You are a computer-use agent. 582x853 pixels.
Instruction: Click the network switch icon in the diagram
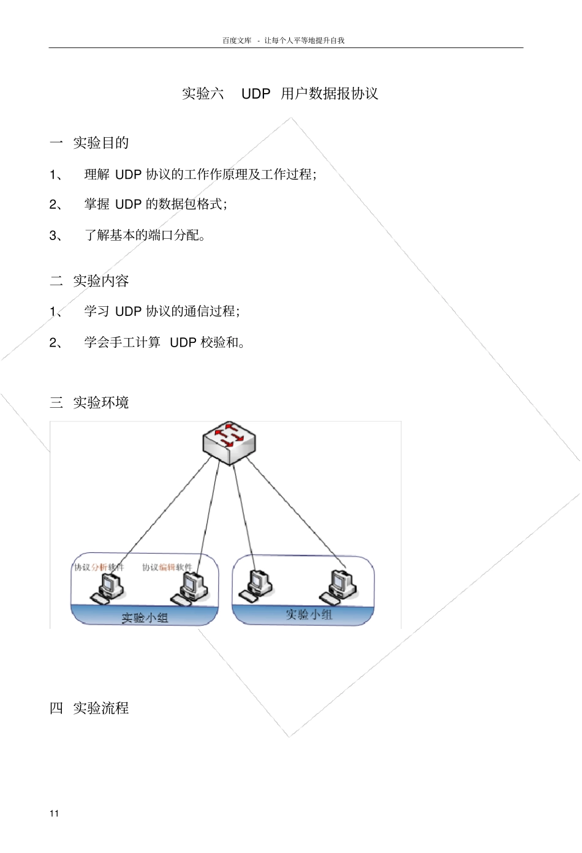tap(229, 442)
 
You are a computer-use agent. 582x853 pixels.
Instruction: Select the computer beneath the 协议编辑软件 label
tap(192, 588)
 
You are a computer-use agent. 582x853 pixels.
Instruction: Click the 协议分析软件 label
tap(99, 568)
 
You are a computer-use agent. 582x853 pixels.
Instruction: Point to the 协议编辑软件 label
tap(167, 568)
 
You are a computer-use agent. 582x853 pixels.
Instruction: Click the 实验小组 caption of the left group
tap(145, 618)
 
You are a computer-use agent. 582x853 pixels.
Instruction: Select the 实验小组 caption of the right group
tap(309, 615)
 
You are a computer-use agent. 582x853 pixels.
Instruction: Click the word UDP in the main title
tap(255, 94)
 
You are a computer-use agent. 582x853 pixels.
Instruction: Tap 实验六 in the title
tap(203, 94)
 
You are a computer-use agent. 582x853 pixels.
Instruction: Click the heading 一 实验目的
tap(89, 143)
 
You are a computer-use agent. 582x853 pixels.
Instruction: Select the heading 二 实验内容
tap(89, 281)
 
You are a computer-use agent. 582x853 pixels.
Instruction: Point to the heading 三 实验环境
tap(89, 403)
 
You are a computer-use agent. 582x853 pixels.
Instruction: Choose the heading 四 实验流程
tap(89, 708)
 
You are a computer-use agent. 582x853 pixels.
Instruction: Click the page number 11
tap(55, 813)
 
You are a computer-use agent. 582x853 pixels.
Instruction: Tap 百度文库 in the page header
tap(236, 40)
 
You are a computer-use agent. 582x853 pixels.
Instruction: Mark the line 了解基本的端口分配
tap(145, 235)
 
